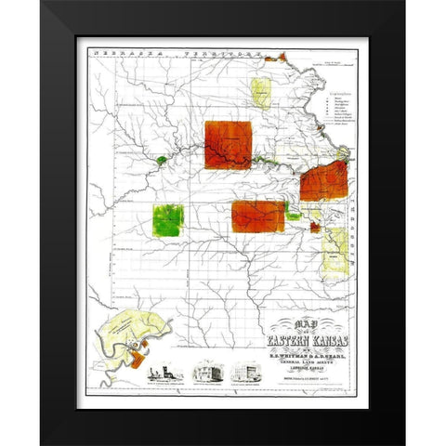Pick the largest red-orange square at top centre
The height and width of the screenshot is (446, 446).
pos(229,144)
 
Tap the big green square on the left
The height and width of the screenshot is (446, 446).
pos(168,219)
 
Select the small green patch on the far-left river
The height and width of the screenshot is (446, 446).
pos(161,161)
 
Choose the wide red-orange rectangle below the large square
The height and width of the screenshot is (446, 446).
pos(258,216)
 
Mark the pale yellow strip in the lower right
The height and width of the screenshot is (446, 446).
pos(335,245)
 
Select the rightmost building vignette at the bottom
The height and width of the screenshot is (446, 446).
pos(246,372)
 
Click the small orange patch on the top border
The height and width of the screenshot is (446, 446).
pos(270,59)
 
